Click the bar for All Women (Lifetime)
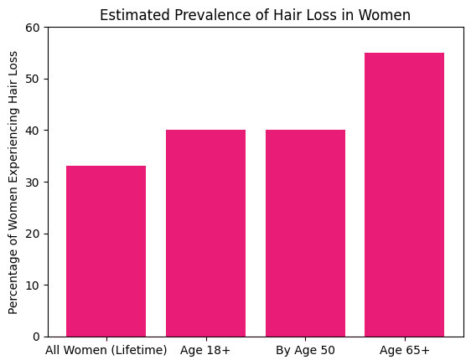coord(106,251)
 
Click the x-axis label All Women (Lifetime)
coord(106,349)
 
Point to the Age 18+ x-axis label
coord(205,349)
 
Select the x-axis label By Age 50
coord(305,349)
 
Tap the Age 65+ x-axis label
coord(405,349)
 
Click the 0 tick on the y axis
coord(35,337)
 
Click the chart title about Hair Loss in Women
coord(256,14)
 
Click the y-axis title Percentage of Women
coord(13,182)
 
